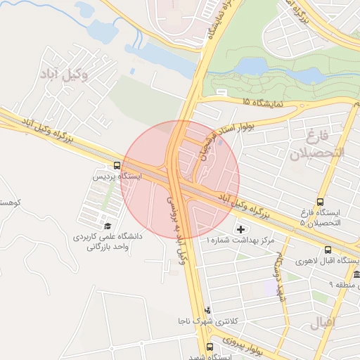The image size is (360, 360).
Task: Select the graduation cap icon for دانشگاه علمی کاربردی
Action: pyautogui.click(x=108, y=226)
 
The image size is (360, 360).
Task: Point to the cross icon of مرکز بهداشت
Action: pyautogui.click(x=243, y=229)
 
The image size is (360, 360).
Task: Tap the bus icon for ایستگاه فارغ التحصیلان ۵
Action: pyautogui.click(x=321, y=202)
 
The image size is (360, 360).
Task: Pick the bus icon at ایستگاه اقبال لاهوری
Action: pyautogui.click(x=328, y=250)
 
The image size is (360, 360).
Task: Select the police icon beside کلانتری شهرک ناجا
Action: pyautogui.click(x=207, y=310)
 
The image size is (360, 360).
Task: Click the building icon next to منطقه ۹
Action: pyautogui.click(x=356, y=275)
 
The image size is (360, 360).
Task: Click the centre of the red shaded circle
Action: pyautogui.click(x=181, y=179)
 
